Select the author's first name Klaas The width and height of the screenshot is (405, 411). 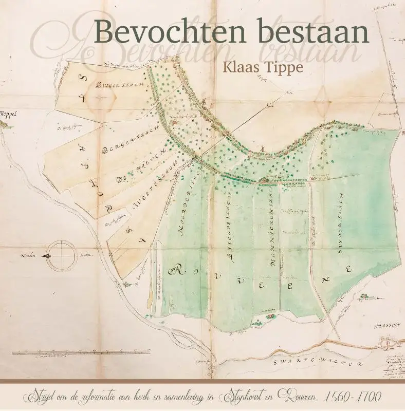[x=235, y=67]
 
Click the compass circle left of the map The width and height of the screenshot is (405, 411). [x=60, y=255]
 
